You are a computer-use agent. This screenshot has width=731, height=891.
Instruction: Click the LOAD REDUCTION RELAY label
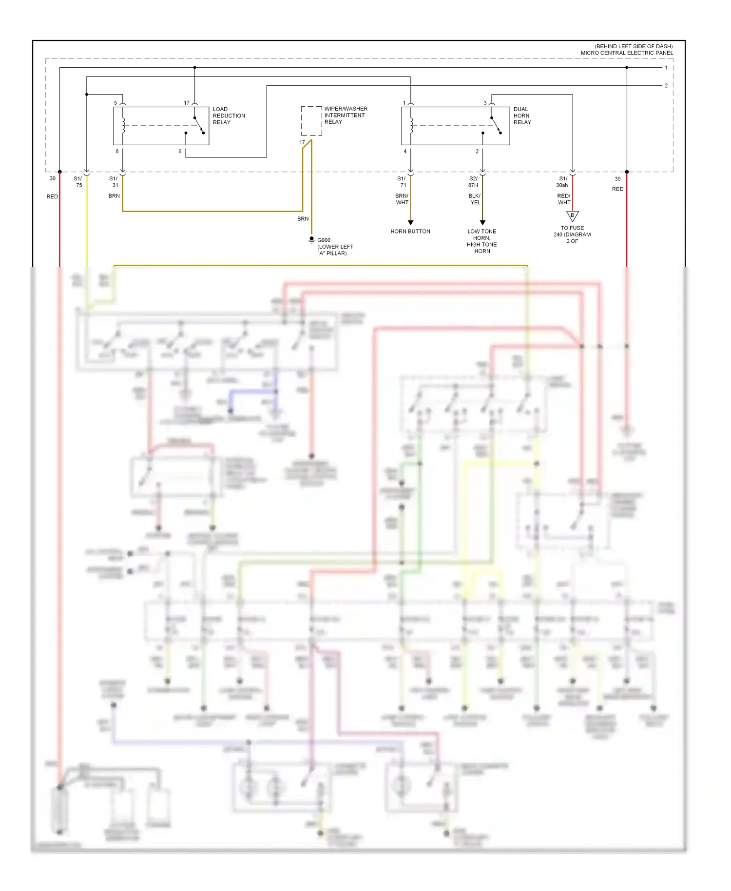(x=229, y=116)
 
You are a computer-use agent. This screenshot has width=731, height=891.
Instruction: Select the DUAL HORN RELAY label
(x=522, y=116)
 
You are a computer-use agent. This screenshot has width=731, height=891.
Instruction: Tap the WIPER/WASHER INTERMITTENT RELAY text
(x=346, y=115)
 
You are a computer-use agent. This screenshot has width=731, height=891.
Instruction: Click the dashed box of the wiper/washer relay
(x=311, y=120)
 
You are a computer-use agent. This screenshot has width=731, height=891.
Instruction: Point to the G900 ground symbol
(x=311, y=240)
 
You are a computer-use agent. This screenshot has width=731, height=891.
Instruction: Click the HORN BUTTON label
(x=410, y=232)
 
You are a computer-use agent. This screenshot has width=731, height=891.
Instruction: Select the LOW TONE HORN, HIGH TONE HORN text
(x=481, y=241)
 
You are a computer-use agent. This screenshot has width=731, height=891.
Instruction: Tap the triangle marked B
(x=572, y=215)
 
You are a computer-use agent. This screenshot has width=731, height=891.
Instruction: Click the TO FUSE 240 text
(x=572, y=234)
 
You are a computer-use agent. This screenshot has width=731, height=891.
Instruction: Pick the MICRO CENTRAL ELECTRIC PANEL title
(x=626, y=53)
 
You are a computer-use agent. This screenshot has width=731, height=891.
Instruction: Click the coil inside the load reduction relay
(x=123, y=125)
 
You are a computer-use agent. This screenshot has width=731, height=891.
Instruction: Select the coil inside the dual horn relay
(x=411, y=125)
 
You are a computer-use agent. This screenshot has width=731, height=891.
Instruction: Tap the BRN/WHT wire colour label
(x=402, y=199)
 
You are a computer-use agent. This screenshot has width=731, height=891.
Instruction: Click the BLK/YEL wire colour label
(x=475, y=199)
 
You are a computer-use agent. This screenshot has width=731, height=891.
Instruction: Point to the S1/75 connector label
(x=78, y=182)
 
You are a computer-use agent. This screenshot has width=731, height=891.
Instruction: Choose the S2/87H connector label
(x=473, y=182)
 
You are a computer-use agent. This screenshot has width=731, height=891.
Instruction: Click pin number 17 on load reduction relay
(x=187, y=103)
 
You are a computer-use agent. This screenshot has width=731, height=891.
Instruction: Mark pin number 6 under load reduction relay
(x=180, y=152)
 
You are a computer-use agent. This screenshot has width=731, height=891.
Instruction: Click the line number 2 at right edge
(x=666, y=85)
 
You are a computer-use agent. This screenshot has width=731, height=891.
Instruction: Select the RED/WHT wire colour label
(x=564, y=199)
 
